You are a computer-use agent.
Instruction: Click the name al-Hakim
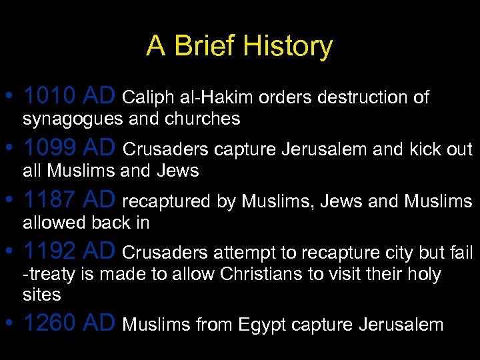click(217, 98)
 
